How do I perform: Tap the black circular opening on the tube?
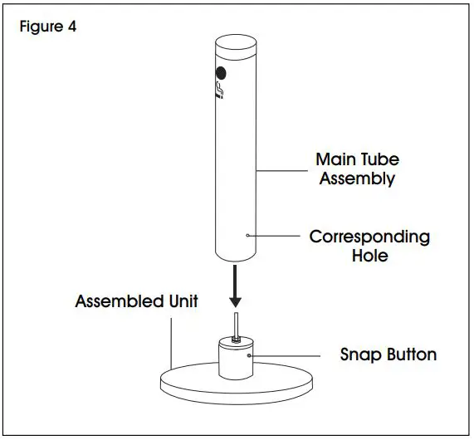coord(221,72)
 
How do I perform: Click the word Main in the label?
coord(335,159)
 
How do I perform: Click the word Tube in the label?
coord(378,159)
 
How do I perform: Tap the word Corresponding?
coord(369,237)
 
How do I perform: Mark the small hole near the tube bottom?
coord(247,237)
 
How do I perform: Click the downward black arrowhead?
coord(237,300)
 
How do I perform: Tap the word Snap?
coord(359,354)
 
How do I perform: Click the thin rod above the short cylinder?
coord(236,324)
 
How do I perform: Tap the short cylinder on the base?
coord(236,360)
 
